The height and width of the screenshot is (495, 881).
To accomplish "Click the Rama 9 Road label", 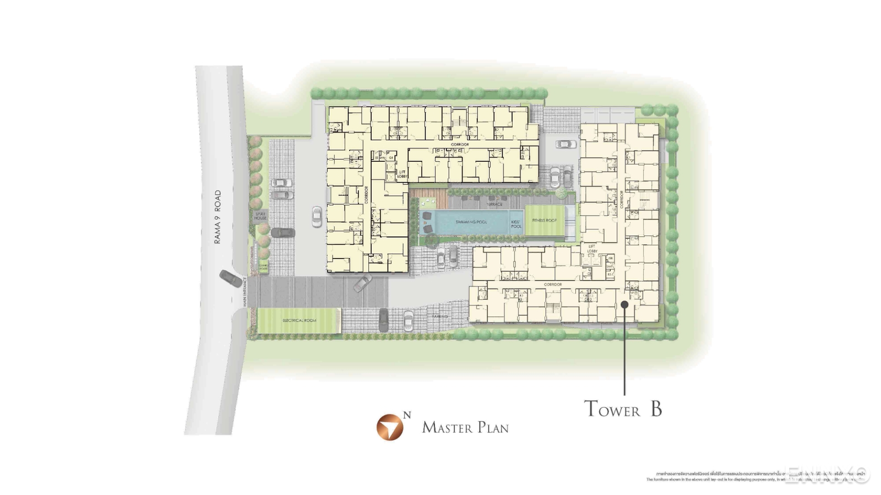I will [x=217, y=217].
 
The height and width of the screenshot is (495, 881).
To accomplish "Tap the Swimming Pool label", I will [x=471, y=222].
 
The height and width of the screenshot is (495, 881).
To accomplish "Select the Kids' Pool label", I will [x=516, y=224].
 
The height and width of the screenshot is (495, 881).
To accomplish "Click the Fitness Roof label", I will [x=544, y=220].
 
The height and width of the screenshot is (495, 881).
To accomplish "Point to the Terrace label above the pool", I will [x=494, y=204].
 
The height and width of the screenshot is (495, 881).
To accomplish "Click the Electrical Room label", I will [x=299, y=320].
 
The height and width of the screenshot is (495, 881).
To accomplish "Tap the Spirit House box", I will [x=260, y=216].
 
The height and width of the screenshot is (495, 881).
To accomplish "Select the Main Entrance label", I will [x=244, y=291].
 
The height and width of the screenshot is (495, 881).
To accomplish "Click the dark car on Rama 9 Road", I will [x=231, y=278].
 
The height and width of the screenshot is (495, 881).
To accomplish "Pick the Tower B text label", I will [x=623, y=409].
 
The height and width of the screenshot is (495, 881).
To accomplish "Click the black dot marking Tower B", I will [x=624, y=304].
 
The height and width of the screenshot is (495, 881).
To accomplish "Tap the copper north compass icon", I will [x=390, y=427].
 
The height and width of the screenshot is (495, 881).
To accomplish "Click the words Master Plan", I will [x=465, y=428].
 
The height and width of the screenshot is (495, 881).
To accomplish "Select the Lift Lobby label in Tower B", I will [x=592, y=249].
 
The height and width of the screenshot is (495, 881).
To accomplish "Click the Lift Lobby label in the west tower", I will [x=402, y=174].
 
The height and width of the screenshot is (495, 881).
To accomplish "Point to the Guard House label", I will [x=263, y=267].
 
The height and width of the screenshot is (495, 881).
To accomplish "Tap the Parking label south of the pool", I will [x=439, y=317].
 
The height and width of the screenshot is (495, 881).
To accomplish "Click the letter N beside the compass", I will [x=407, y=415].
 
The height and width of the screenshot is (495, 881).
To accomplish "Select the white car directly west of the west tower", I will [x=317, y=217].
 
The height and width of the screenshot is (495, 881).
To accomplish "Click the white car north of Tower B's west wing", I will [x=565, y=144].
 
